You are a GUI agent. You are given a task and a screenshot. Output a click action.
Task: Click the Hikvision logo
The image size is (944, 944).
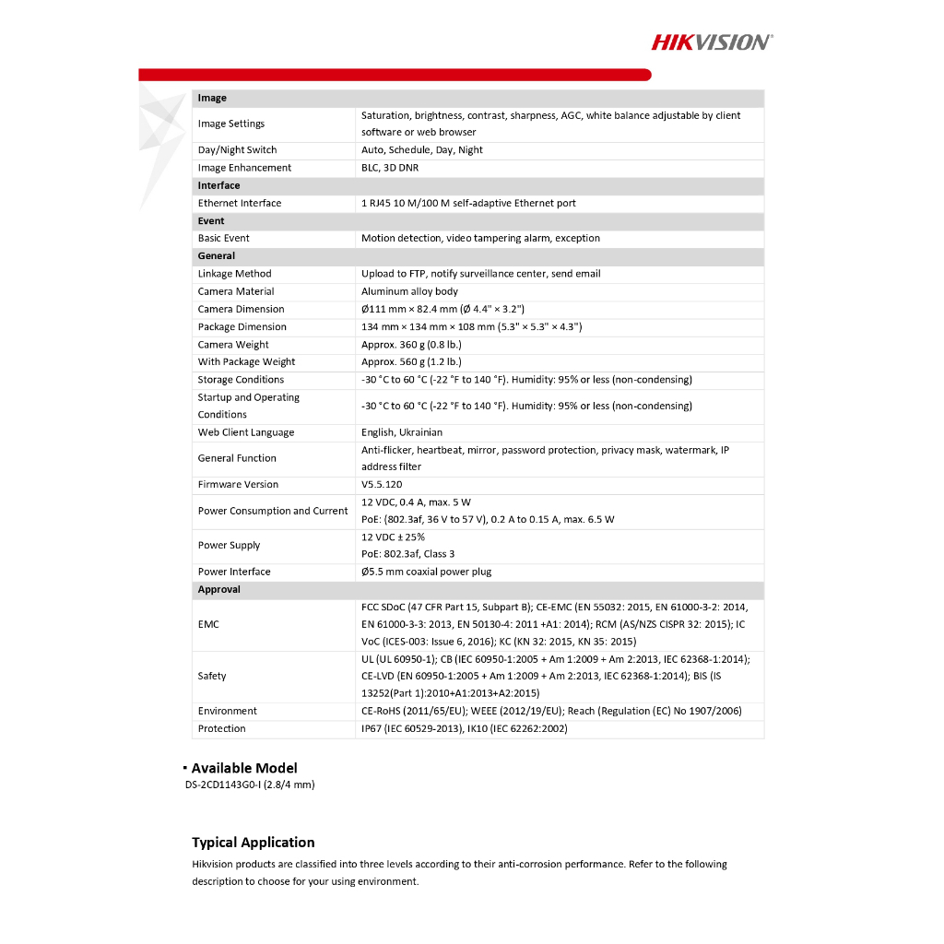712,41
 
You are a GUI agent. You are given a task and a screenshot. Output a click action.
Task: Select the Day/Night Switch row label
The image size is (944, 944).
237,150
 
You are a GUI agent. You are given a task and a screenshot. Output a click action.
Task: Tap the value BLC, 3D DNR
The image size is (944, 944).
389,168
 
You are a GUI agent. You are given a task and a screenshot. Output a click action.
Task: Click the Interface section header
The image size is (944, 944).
218,185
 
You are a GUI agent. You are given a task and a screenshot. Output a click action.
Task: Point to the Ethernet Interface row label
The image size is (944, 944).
240,203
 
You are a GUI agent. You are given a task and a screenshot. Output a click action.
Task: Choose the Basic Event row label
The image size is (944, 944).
224,238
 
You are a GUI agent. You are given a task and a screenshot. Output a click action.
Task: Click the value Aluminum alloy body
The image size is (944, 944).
409,291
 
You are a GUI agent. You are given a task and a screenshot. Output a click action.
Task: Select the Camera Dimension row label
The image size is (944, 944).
241,309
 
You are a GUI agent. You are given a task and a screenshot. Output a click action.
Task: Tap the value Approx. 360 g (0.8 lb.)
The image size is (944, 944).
411,345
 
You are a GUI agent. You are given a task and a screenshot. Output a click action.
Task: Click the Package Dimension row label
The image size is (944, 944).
242,327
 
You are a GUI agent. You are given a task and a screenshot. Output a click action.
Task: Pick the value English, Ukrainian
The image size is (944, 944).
402,432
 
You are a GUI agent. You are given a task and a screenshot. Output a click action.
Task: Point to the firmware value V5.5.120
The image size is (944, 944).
382,484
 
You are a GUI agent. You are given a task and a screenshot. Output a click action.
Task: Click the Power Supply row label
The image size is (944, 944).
229,545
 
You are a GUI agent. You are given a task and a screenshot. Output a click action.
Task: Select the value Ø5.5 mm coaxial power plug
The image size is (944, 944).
426,572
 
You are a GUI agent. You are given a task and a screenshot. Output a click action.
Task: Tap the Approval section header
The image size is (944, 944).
218,589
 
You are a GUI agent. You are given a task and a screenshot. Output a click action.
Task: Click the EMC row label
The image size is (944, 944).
208,624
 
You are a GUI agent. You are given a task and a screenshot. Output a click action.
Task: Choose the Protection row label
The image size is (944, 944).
221,728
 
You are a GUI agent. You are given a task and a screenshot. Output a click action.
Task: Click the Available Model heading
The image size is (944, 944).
244,768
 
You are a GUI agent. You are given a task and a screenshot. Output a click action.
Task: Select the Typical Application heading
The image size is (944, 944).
254,843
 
